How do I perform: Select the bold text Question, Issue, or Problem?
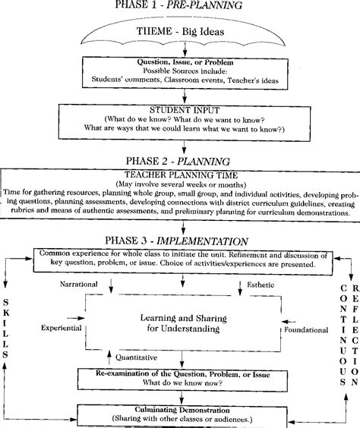(179, 62)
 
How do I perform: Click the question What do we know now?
(180, 385)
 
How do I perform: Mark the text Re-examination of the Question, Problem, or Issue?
(180, 375)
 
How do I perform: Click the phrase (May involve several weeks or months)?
(180, 184)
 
